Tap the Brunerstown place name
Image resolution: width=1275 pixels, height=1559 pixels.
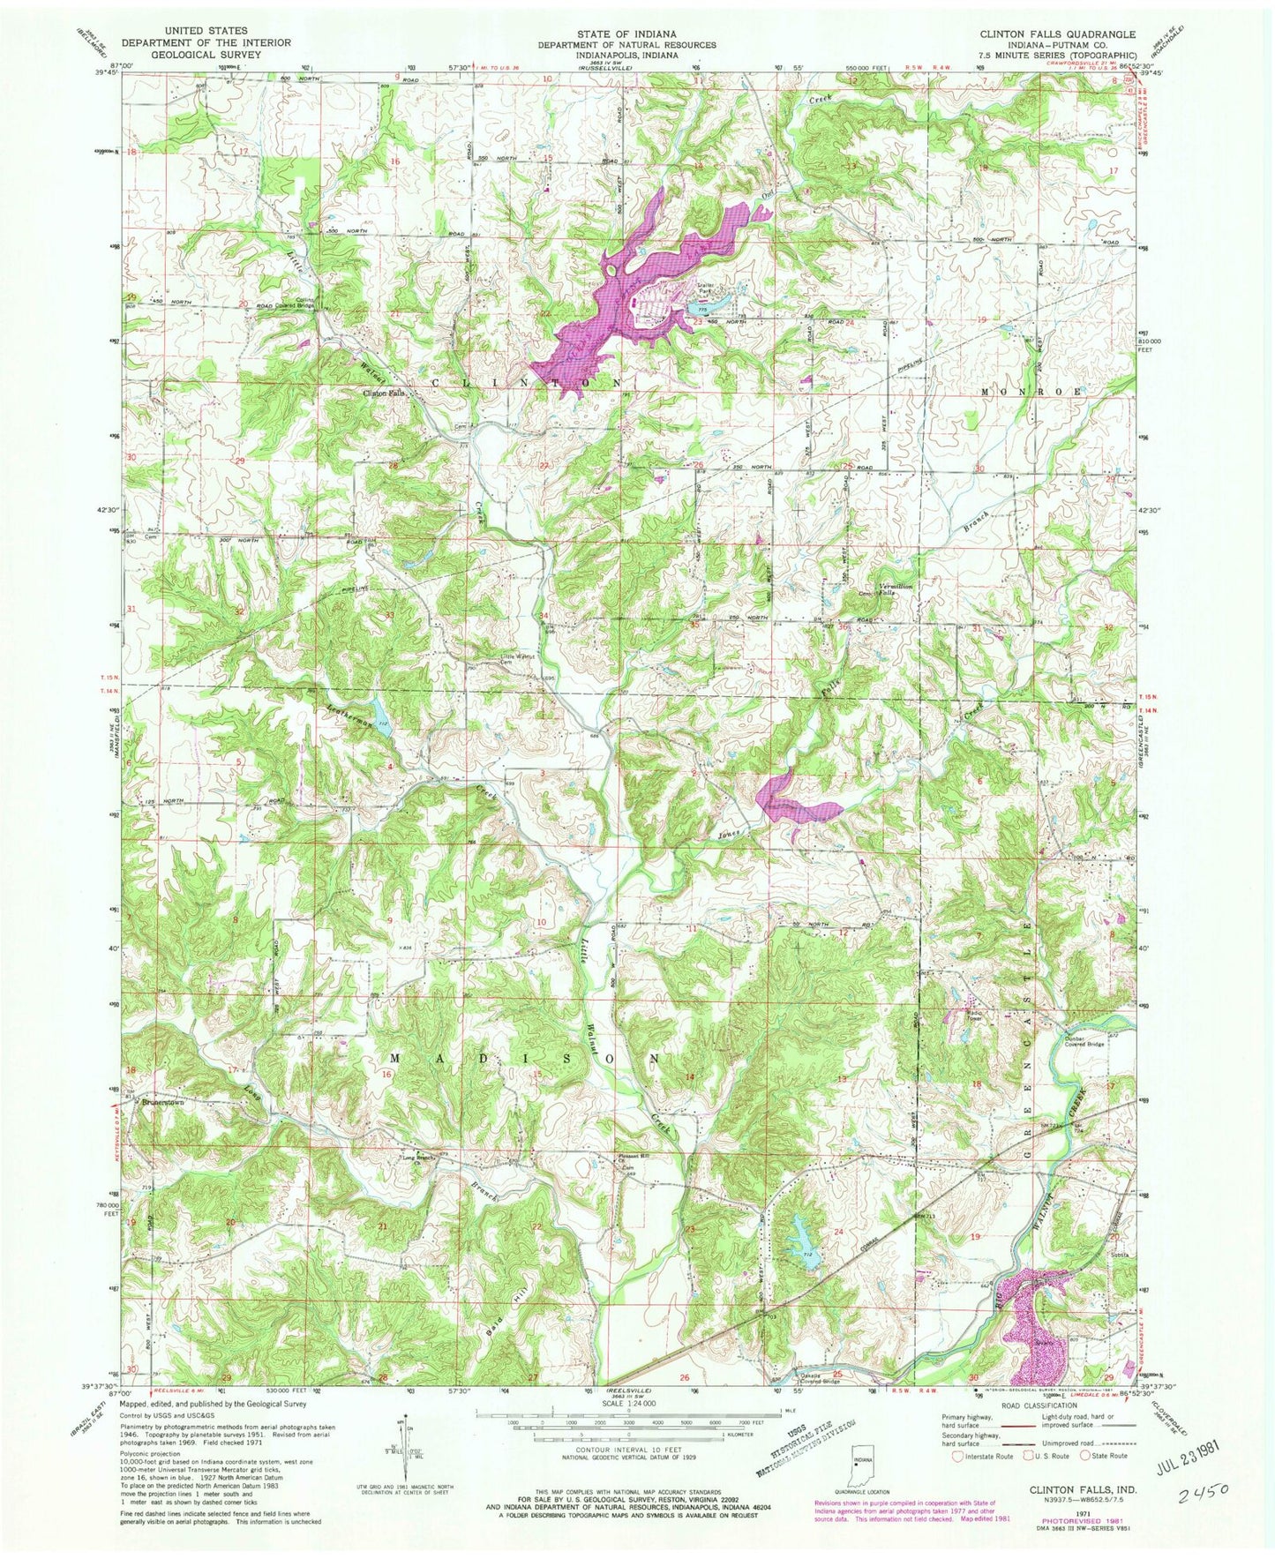click(x=168, y=1102)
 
